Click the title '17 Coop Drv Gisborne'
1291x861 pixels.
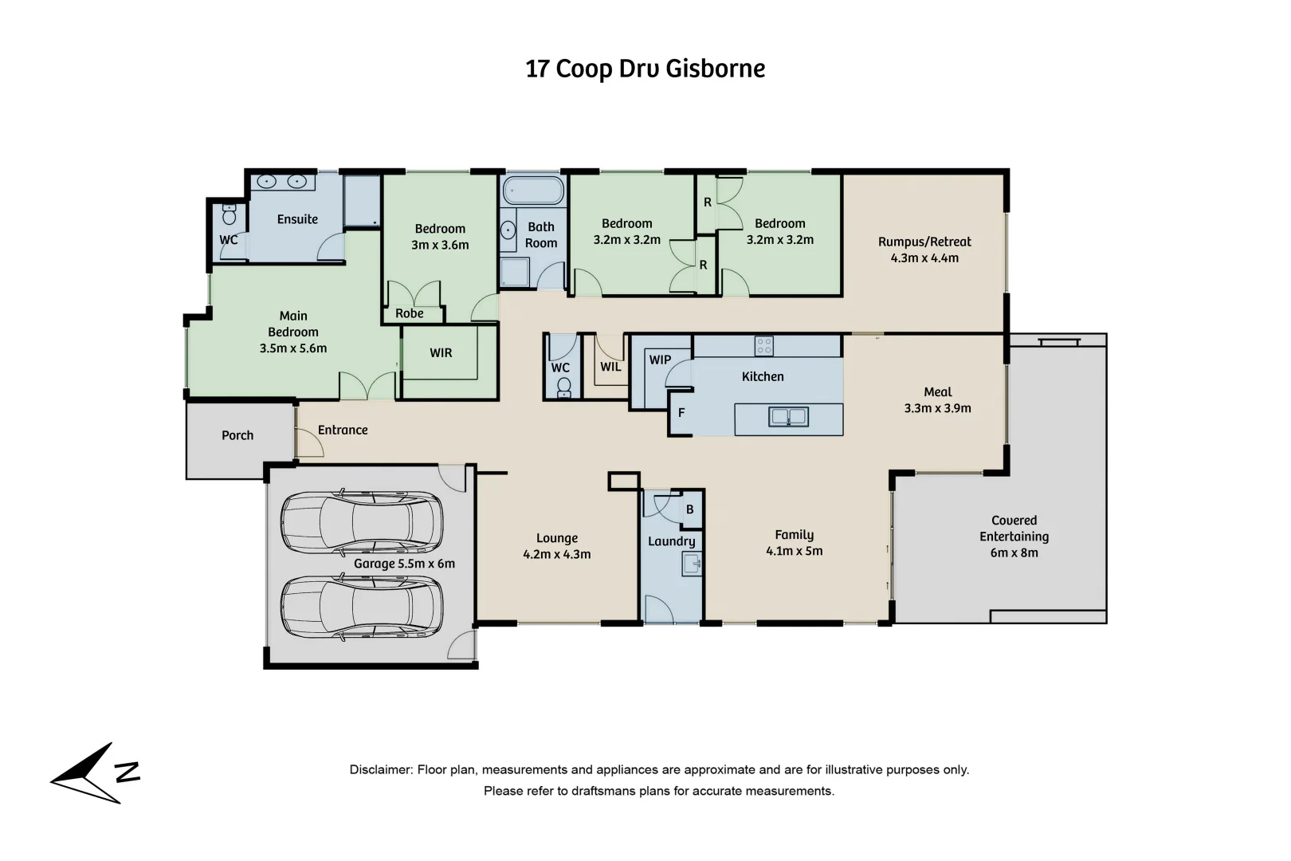[x=645, y=69]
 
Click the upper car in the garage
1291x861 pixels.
[x=361, y=521]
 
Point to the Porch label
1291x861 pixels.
[x=237, y=435]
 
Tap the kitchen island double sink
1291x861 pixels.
[x=788, y=416]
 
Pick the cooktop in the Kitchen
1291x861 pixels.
[x=763, y=345]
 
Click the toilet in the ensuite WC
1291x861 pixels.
[x=230, y=214]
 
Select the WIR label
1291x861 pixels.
[x=441, y=352]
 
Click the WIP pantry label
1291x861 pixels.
[x=660, y=360]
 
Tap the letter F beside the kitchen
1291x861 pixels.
[x=681, y=413]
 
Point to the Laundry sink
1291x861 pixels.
[x=691, y=564]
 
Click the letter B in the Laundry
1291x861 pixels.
[x=690, y=509]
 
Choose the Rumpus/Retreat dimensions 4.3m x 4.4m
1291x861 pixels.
[x=924, y=258]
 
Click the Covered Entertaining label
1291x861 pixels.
[x=1014, y=529]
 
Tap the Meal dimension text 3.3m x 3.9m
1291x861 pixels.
[x=937, y=408]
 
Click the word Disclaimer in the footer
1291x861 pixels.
[x=380, y=770]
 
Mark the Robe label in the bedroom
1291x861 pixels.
[x=410, y=313]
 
